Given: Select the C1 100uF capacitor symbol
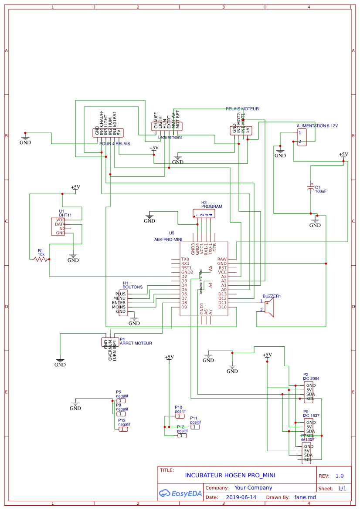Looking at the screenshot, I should pyautogui.click(x=310, y=187).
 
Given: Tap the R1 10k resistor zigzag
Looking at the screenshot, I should pyautogui.click(x=41, y=259).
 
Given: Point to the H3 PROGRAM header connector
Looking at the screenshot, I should pyautogui.click(x=204, y=214).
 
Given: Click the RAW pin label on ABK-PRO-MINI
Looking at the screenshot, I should pyautogui.click(x=222, y=259).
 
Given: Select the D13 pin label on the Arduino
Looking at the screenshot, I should pyautogui.click(x=222, y=294).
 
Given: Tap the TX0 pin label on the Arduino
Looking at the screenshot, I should pyautogui.click(x=185, y=259).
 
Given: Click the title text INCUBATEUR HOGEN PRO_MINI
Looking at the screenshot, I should pyautogui.click(x=230, y=475).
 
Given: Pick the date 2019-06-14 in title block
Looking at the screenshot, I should pyautogui.click(x=241, y=497).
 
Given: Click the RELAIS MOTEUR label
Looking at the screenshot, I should pyautogui.click(x=242, y=108).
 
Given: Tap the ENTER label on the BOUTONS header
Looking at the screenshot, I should pyautogui.click(x=119, y=303).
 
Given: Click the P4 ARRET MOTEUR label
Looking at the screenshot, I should pyautogui.click(x=136, y=343).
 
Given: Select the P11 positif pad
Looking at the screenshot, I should pyautogui.click(x=195, y=427).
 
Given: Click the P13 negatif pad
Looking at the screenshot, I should pyautogui.click(x=124, y=429).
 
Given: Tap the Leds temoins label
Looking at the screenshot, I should pyautogui.click(x=170, y=137).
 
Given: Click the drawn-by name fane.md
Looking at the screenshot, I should pyautogui.click(x=305, y=497).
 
